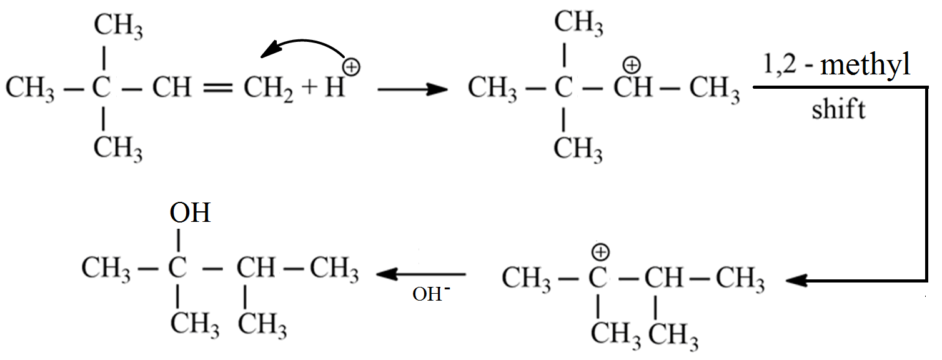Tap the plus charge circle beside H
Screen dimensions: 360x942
[x=352, y=67]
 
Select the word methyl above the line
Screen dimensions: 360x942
[x=866, y=66]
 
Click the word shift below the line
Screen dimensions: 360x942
[x=838, y=110]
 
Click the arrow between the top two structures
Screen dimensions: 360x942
[x=413, y=89]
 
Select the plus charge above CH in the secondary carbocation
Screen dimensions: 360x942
[x=633, y=64]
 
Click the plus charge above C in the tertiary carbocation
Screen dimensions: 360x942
[x=600, y=252]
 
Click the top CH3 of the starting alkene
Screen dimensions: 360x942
[x=118, y=26]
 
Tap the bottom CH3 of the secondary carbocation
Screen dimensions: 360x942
[x=578, y=149]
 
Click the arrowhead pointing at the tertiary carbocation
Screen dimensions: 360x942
[x=796, y=281]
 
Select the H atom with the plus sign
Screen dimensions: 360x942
[x=335, y=89]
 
